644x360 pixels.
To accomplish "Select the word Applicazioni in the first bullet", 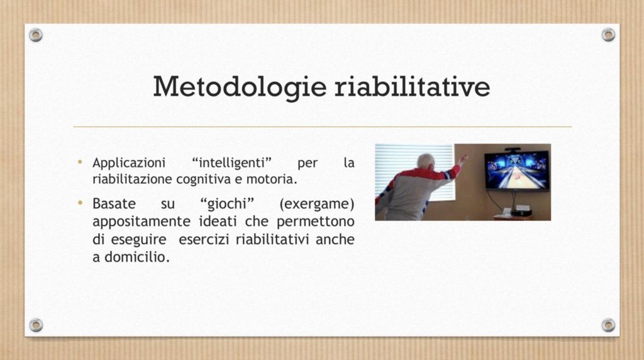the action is coord(129,163).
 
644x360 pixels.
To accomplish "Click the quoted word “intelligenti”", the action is coord(231,163).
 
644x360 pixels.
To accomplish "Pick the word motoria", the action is coord(272,179).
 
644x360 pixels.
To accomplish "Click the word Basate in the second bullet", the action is coord(114,203).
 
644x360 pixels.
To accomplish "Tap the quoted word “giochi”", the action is coord(227,204).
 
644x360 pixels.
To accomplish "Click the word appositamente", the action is coord(142,222).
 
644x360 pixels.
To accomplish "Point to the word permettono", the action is coord(316,222).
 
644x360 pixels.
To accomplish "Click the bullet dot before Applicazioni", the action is coord(80,162).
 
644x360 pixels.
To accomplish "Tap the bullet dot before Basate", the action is coord(80,203).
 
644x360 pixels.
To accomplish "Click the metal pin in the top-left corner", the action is coord(36,35).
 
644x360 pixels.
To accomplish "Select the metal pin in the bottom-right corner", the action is coord(608,325).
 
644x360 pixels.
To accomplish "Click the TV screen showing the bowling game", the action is coord(517,170).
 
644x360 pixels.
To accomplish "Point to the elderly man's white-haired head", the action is coord(427,161).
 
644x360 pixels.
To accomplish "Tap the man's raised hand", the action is coord(464,159).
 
